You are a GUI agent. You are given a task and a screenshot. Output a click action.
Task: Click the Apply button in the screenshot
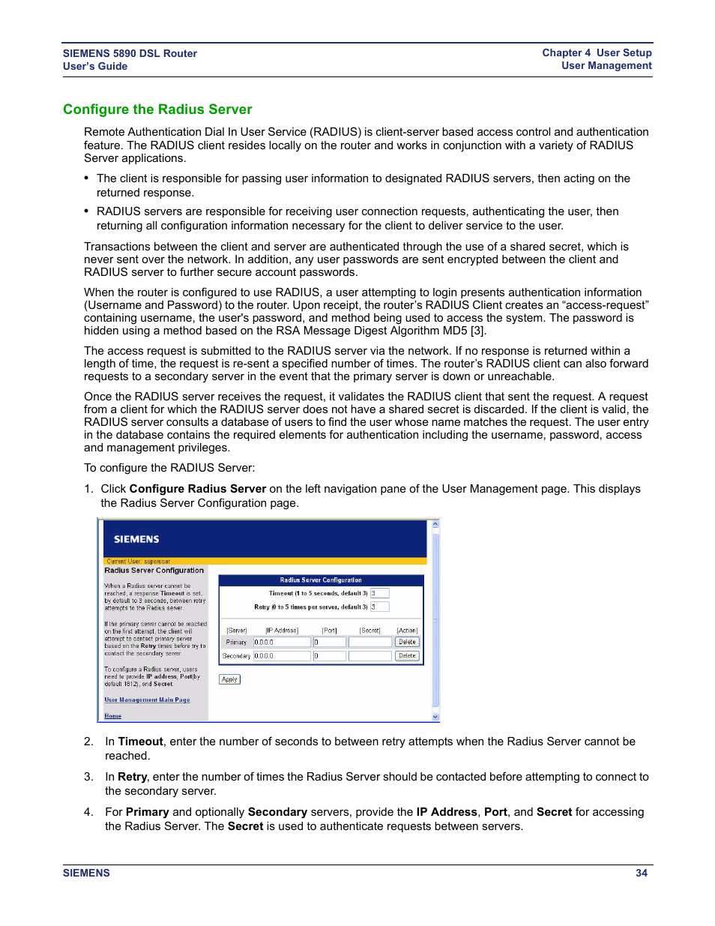click(229, 679)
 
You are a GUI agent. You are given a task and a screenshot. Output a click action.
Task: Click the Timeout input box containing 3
click(379, 593)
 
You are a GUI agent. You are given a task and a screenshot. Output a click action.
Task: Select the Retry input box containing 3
click(379, 607)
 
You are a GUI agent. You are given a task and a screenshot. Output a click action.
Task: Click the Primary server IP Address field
click(282, 642)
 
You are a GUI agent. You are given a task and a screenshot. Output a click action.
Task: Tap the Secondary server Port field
click(329, 656)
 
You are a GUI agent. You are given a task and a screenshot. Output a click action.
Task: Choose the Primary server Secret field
click(370, 642)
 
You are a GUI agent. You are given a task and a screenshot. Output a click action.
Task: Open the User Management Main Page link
click(147, 700)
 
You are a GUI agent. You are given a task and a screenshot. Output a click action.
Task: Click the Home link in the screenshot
click(113, 716)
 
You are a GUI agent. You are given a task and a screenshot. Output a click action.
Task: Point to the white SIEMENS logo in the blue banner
click(136, 539)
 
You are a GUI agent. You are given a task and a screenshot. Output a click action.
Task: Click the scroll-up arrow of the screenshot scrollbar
click(435, 525)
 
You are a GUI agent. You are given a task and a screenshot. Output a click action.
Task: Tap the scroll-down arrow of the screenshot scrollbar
click(435, 717)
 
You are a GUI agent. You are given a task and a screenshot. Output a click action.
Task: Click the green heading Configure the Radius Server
click(157, 109)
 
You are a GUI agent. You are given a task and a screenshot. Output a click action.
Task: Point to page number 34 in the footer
click(642, 873)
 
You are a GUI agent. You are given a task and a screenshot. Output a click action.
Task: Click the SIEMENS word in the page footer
click(86, 873)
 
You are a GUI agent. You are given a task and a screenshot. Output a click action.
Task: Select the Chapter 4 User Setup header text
click(597, 53)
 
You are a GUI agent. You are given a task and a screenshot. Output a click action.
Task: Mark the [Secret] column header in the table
click(370, 631)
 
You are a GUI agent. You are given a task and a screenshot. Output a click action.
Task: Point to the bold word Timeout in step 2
click(141, 742)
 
